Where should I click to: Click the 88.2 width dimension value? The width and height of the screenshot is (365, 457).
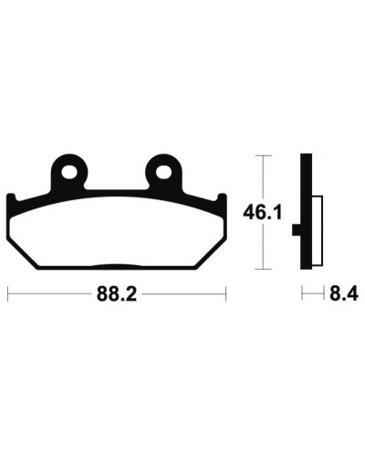click(x=117, y=294)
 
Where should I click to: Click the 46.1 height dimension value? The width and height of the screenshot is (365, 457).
click(x=263, y=213)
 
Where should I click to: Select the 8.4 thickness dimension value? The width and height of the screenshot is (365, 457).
click(x=344, y=294)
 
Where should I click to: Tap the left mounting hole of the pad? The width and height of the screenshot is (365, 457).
click(x=68, y=172)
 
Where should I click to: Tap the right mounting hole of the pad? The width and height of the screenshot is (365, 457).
click(x=163, y=172)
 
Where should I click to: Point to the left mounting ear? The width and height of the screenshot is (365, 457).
click(x=69, y=172)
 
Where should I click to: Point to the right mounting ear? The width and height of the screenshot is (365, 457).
click(x=163, y=172)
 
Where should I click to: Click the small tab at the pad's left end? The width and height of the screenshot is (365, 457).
click(x=11, y=198)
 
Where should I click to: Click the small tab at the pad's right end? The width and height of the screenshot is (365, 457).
click(x=222, y=198)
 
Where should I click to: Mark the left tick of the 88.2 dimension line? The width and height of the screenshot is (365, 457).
click(x=7, y=294)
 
